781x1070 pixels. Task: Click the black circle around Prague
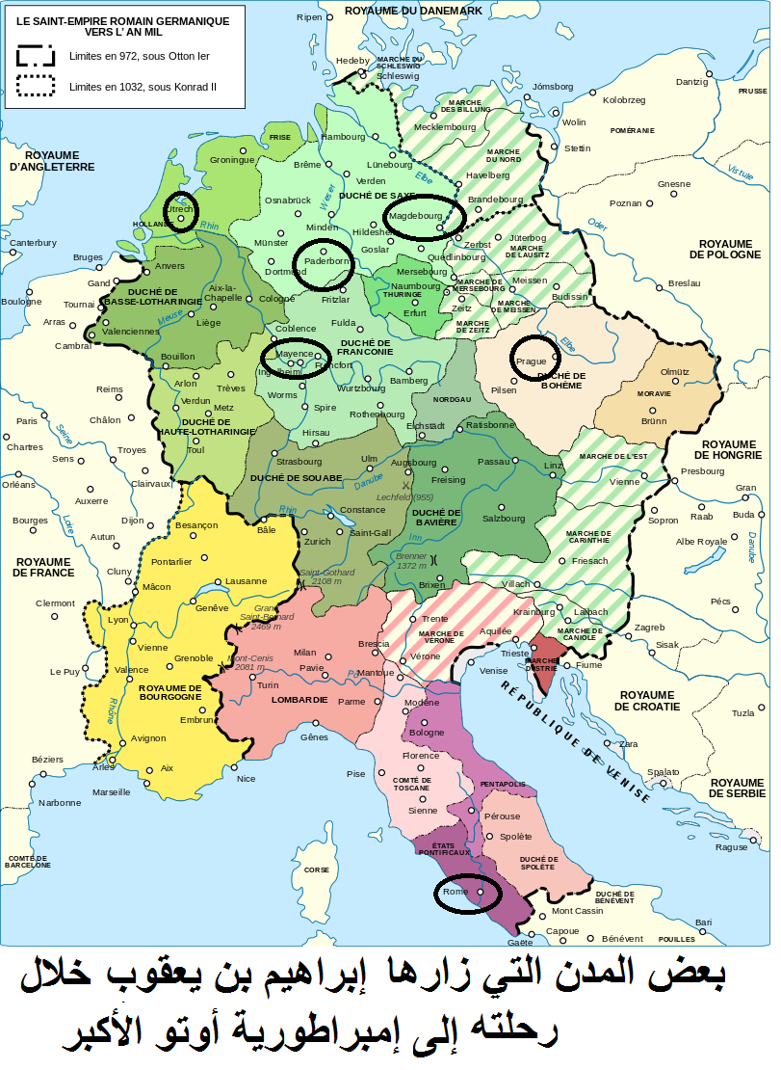tap(533, 357)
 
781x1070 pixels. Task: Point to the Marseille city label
tap(111, 792)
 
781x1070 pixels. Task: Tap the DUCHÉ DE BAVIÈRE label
tap(435, 519)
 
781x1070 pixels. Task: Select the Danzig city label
tap(691, 82)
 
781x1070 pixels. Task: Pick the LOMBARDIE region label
tap(299, 700)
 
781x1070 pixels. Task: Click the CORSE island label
tap(317, 869)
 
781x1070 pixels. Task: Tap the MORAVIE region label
tap(656, 394)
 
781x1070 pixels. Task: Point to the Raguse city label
tap(731, 847)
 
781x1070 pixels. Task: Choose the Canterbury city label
tap(34, 243)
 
